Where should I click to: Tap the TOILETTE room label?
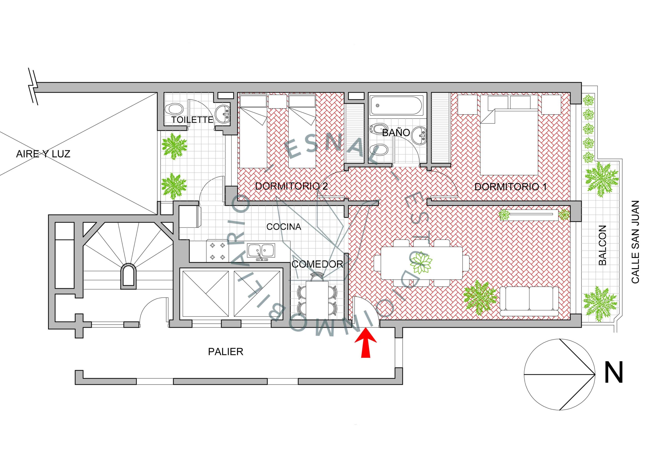pos(192,120)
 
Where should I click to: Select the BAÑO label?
pos(396,133)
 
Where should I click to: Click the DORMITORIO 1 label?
pos(510,187)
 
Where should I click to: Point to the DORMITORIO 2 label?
pos(291,186)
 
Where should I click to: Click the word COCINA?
pos(284,227)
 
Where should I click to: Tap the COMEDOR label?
pos(317,264)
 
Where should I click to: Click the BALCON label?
pos(602,245)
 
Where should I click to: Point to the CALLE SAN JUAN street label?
pos(635,242)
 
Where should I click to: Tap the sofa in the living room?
pos(529,301)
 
